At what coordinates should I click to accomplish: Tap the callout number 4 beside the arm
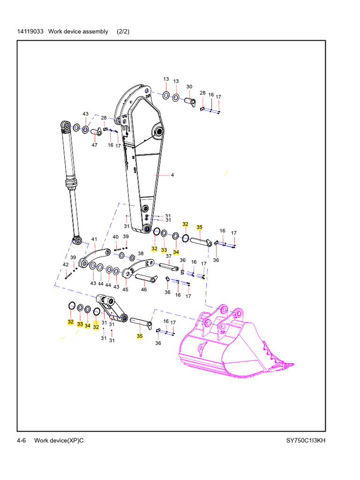coord(172,175)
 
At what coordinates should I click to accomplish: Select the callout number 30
coord(189,87)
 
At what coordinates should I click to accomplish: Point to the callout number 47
coord(95,145)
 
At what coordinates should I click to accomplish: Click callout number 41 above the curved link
coord(94,240)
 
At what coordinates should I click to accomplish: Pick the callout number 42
coord(66,265)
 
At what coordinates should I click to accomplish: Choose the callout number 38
coord(141,254)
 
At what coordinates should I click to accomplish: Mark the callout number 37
coord(168,256)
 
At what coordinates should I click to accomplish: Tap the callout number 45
coord(125,289)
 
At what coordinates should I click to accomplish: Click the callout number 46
coord(144,289)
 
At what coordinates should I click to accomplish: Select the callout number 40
coord(115,237)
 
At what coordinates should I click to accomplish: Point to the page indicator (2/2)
coord(123,31)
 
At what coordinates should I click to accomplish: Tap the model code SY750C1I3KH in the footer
coord(306,441)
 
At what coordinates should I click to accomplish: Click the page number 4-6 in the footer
coord(21,441)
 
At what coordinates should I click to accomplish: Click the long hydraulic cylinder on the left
coord(71,183)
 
